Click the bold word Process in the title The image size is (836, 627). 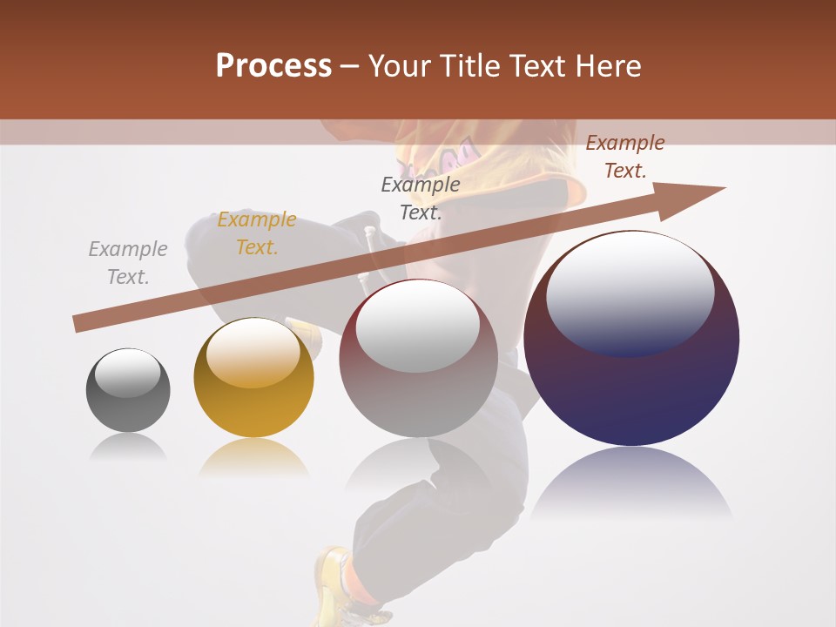click(273, 66)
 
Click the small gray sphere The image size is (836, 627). click(128, 391)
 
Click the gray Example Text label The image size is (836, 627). click(128, 263)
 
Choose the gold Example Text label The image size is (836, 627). click(257, 233)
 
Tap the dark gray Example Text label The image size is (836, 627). click(421, 199)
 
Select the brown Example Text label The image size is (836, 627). click(625, 157)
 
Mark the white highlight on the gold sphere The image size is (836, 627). click(253, 353)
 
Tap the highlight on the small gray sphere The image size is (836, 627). click(127, 373)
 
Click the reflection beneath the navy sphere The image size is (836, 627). click(631, 483)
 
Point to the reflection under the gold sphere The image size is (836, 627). click(253, 457)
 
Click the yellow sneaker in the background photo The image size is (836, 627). click(334, 583)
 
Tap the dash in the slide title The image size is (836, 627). click(350, 66)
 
